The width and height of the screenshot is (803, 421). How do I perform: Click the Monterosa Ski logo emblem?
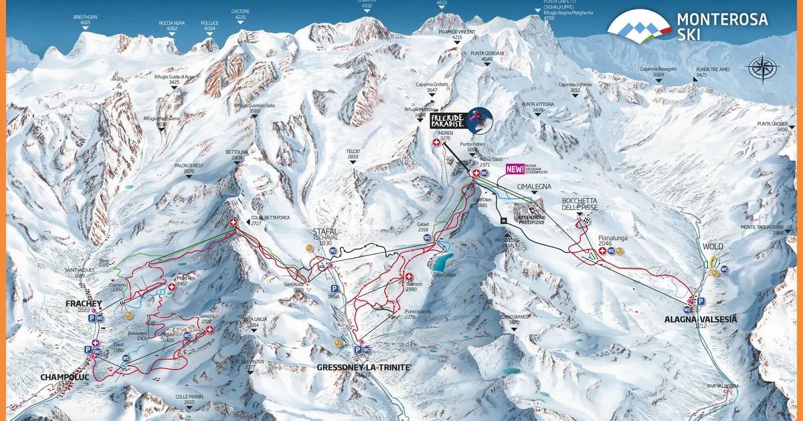coord(639,26)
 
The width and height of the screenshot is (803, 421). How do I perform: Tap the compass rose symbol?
coord(764,67)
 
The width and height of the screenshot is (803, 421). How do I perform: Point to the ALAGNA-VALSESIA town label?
coord(701,319)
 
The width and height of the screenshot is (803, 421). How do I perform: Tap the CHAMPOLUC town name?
coord(60,377)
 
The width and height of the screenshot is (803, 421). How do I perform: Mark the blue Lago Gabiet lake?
coord(442,259)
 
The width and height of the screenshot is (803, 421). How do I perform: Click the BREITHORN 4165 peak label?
coord(85,19)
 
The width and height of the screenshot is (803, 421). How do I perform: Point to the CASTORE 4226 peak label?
coord(240,15)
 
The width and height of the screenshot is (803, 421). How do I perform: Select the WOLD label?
coord(713,247)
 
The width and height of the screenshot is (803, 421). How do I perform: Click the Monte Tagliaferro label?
coord(762,229)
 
